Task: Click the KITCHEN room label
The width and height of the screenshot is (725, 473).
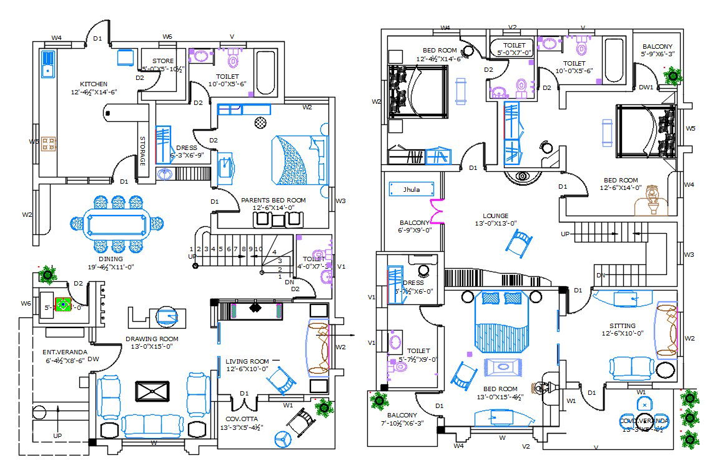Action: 94,84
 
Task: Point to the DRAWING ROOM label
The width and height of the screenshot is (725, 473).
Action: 152,339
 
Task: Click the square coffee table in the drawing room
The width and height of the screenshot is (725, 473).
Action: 152,392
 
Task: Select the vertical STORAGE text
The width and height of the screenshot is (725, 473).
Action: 142,151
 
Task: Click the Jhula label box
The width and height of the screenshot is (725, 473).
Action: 412,189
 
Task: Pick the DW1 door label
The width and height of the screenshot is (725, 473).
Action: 646,87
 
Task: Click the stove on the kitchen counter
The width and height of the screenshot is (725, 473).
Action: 49,144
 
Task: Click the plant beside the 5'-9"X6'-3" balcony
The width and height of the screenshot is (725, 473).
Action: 673,76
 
